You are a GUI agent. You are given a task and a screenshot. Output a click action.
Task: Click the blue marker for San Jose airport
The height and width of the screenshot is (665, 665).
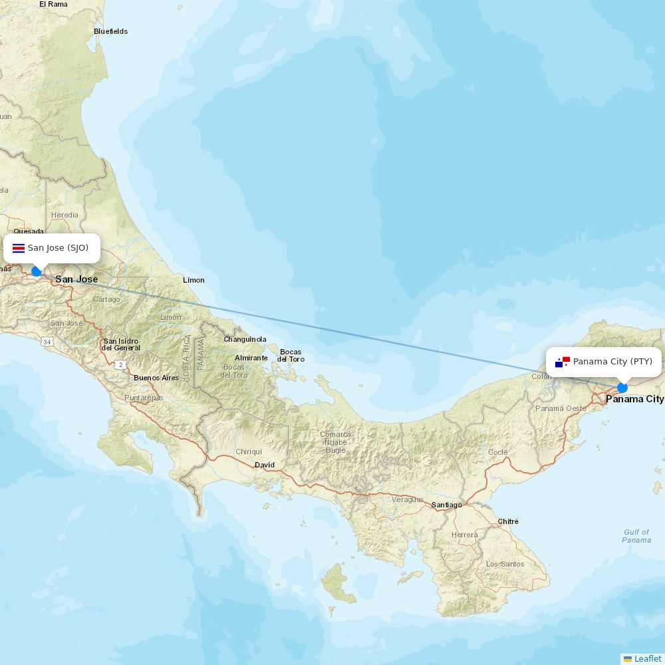point(37,271)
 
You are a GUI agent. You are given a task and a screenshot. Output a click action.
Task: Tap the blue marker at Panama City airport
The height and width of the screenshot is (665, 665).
point(622,388)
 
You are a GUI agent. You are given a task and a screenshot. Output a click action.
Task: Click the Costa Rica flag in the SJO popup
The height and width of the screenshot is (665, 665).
point(19,248)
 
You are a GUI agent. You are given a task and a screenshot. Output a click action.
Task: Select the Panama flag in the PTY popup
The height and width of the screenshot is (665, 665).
point(563,362)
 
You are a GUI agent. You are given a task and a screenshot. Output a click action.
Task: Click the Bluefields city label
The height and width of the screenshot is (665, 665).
point(110,31)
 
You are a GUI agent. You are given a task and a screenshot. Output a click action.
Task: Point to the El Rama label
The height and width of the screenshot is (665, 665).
point(53,4)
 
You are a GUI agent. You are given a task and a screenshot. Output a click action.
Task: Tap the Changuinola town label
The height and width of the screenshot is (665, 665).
point(245,339)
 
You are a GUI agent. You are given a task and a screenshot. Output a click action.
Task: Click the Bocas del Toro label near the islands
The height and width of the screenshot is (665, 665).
point(291,355)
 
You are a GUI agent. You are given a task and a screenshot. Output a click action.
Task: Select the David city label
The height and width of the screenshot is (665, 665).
point(265,465)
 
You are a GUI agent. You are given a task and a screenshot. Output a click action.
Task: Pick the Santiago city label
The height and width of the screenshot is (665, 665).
point(446,505)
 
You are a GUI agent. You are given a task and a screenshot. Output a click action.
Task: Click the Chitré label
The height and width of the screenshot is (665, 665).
point(508,521)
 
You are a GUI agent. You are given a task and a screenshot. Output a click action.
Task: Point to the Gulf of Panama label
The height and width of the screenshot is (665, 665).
point(636,536)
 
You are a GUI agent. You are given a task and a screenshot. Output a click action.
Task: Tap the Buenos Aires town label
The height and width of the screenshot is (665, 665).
point(156,378)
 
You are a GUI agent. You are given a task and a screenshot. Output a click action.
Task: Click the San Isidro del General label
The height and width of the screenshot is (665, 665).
point(121,344)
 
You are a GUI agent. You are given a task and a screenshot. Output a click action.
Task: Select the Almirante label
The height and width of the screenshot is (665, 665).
point(251,358)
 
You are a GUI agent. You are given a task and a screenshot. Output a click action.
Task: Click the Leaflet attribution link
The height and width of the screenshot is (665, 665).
point(648,658)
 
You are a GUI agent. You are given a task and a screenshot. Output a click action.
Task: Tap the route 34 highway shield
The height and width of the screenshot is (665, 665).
point(47,342)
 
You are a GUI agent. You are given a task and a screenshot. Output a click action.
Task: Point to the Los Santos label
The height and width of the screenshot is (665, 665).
point(505,564)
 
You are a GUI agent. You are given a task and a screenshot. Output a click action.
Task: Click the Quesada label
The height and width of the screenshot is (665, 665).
point(29,231)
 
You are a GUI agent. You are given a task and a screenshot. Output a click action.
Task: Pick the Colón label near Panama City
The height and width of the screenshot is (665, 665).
point(541,377)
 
